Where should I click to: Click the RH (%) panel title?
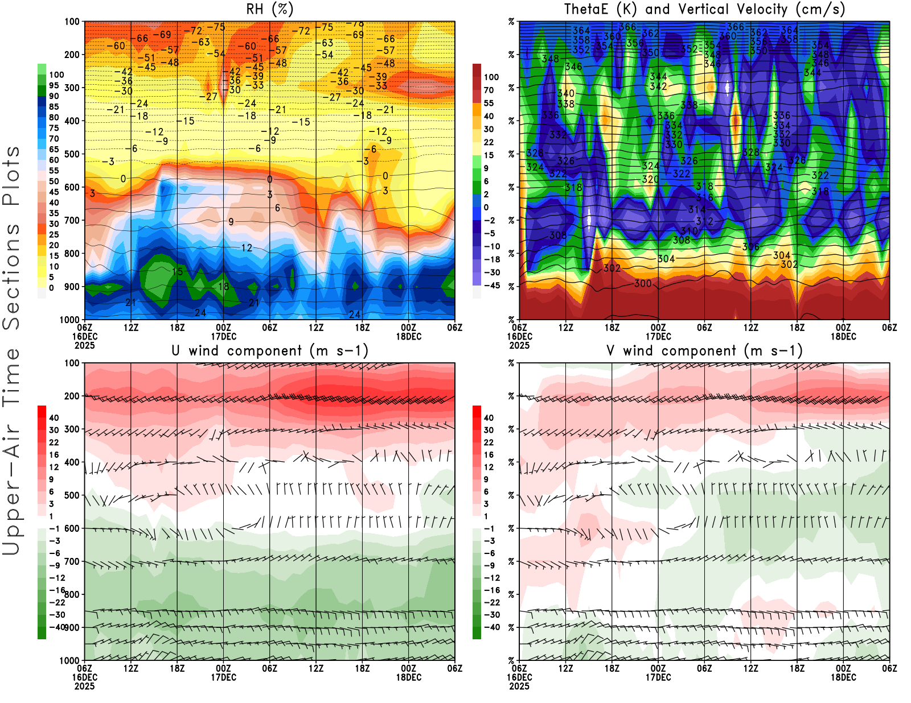[x=269, y=9]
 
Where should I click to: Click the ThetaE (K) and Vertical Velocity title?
[x=704, y=9]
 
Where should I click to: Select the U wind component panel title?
[x=269, y=350]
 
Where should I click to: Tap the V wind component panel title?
[x=704, y=350]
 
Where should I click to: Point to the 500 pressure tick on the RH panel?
[x=72, y=154]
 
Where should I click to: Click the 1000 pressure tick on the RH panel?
[x=70, y=320]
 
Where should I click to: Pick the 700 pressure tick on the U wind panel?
[x=72, y=561]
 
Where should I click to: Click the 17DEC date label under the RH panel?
[x=224, y=336]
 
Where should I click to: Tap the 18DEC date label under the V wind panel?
[x=843, y=677]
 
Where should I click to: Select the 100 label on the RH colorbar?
[x=56, y=75]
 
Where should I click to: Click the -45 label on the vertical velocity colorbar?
[x=491, y=286]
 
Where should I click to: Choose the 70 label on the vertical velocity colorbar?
[x=489, y=90]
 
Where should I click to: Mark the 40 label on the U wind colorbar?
[x=54, y=417]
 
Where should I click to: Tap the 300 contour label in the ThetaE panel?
[x=643, y=283]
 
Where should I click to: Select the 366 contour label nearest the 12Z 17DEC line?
[x=735, y=27]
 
